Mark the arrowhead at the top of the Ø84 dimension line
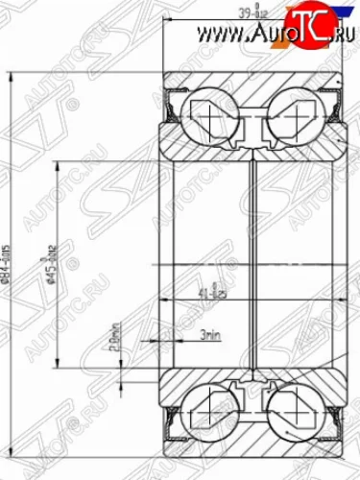[12, 74]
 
